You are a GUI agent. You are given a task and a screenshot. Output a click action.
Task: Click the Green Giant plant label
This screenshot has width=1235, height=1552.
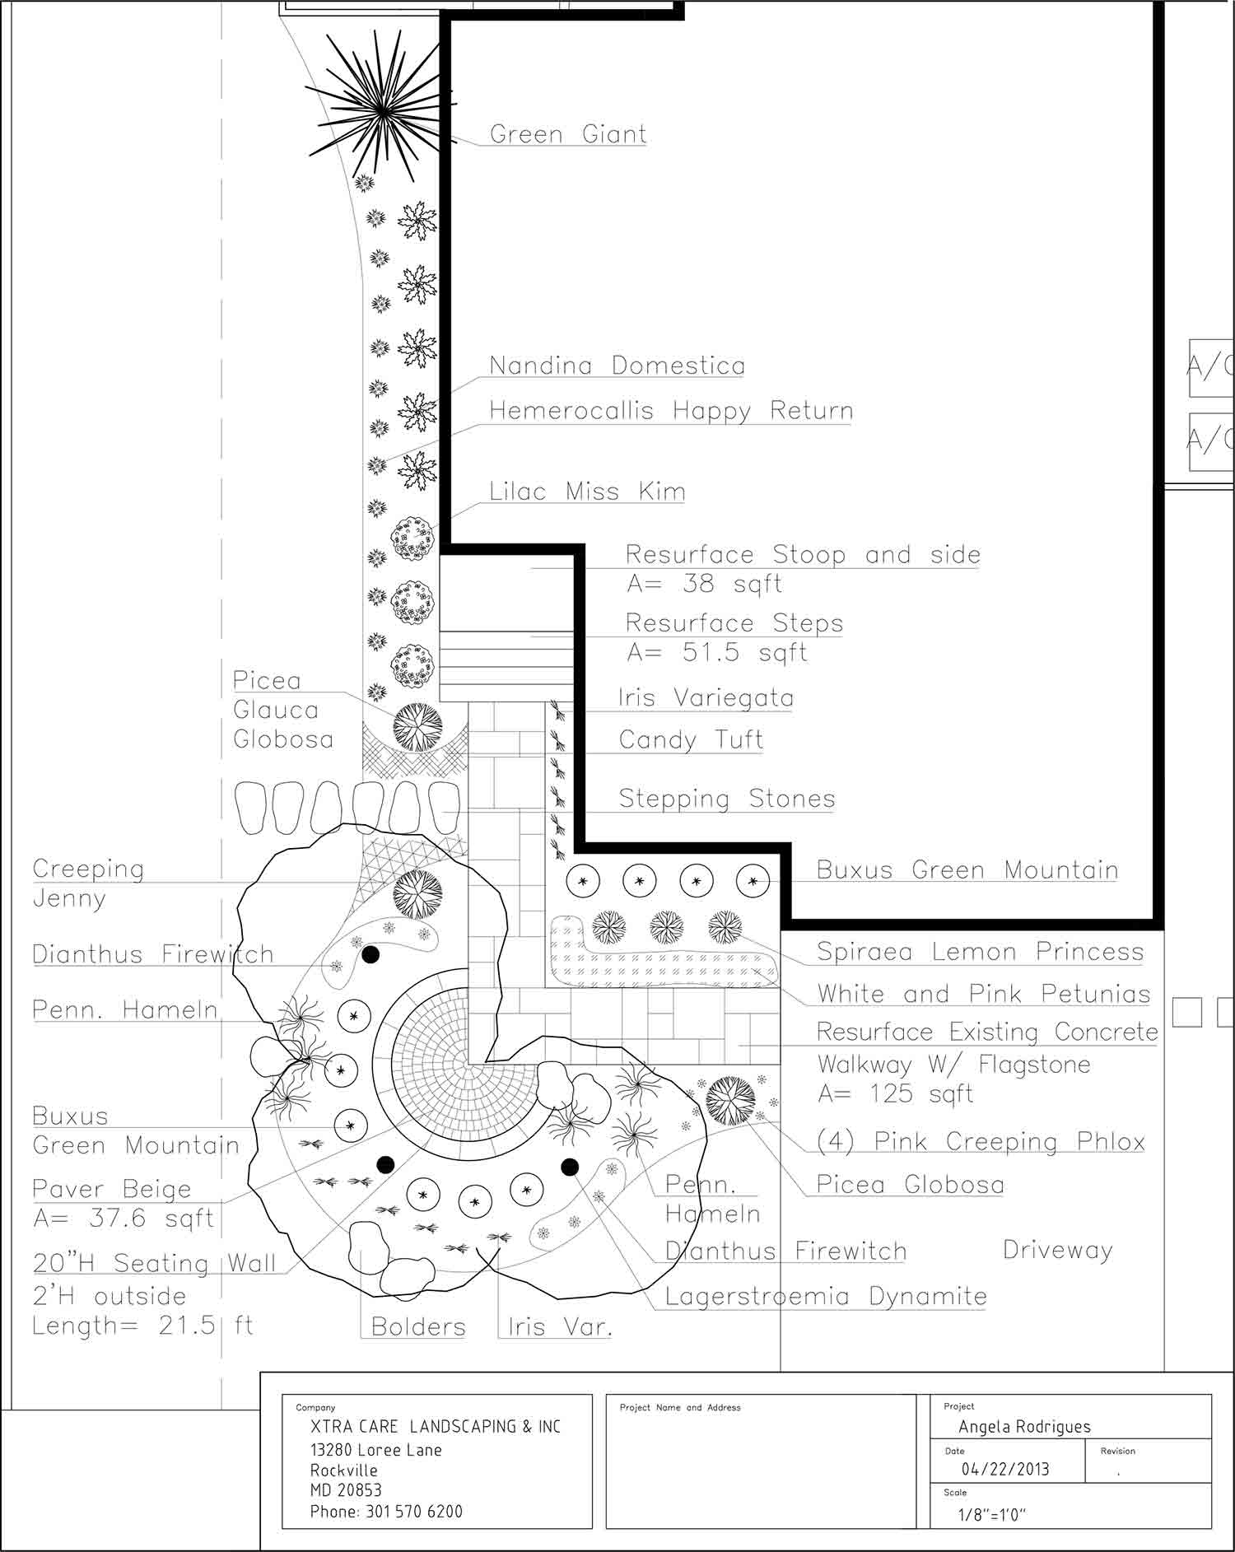click(568, 133)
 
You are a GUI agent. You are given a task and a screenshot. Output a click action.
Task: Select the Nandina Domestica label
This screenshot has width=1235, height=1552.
click(617, 366)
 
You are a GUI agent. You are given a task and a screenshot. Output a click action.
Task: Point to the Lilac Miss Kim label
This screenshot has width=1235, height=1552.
click(587, 492)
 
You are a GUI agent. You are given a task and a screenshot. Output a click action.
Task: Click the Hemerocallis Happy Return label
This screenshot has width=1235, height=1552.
click(671, 411)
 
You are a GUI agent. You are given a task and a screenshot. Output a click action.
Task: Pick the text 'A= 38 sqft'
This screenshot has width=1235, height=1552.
click(704, 584)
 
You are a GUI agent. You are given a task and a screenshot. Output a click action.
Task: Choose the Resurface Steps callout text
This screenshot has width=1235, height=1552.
click(734, 623)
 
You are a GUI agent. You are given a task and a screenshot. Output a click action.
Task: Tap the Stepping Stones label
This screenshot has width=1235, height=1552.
click(727, 799)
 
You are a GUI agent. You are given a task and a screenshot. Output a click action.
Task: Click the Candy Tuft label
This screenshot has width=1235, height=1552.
click(691, 739)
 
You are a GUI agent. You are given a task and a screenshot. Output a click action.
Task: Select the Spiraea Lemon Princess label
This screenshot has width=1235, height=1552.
click(980, 952)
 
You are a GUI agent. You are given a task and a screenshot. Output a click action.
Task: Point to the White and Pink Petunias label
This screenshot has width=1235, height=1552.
click(983, 994)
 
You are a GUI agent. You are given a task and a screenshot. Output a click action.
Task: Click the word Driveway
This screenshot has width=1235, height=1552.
click(1057, 1251)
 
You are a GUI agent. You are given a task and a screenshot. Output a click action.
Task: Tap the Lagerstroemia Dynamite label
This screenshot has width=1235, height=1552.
click(826, 1297)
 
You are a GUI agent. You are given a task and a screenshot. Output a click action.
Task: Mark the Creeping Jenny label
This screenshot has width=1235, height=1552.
click(88, 883)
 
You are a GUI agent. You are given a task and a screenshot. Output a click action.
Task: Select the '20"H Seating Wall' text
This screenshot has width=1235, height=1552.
click(154, 1263)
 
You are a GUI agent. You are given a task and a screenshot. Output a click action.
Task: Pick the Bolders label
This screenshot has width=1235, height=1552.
click(418, 1326)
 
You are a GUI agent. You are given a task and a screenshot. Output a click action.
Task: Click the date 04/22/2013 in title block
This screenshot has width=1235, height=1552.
click(1005, 1470)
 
